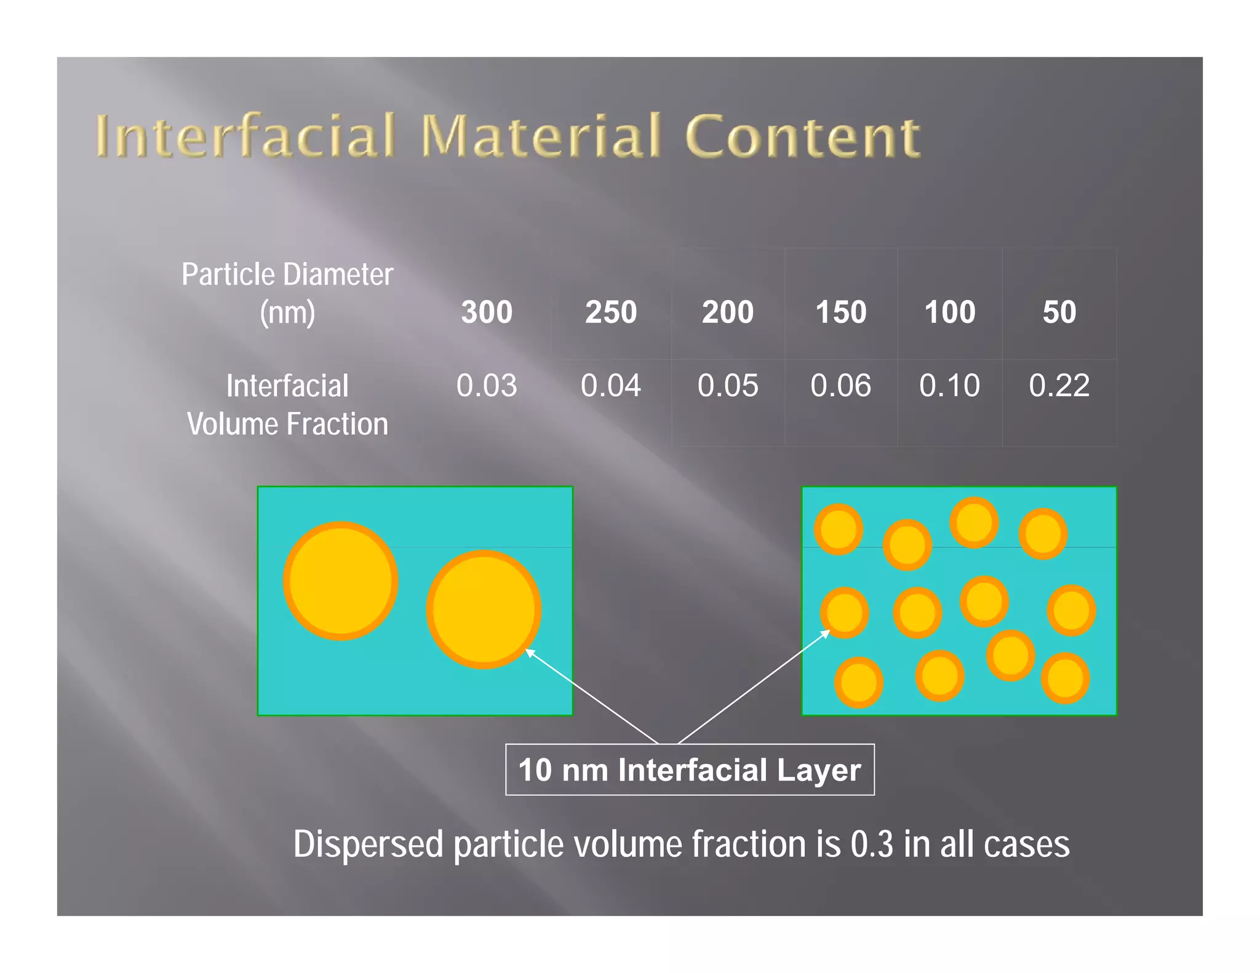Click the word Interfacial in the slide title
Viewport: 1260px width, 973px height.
245,136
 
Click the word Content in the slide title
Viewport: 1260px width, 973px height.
802,136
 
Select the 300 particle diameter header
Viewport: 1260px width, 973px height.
487,312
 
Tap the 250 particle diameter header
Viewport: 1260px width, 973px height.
610,312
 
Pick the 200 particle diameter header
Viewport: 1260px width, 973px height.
728,312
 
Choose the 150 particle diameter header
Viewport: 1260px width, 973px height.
840,312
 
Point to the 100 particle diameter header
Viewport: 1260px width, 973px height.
950,312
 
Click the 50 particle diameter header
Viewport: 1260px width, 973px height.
1059,312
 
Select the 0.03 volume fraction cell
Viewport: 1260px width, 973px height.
487,386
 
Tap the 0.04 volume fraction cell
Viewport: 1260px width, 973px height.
610,386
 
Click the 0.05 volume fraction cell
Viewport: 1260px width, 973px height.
728,386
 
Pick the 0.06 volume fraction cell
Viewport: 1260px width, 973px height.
840,386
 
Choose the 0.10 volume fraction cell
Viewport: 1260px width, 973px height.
949,386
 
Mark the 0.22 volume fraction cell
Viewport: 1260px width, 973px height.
1059,386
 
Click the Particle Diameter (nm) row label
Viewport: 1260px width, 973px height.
287,293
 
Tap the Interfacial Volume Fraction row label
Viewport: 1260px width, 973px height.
287,405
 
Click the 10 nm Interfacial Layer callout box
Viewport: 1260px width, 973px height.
690,769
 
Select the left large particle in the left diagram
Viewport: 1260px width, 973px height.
340,581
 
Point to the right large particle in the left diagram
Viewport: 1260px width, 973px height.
484,609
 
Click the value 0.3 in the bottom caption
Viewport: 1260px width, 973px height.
871,844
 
